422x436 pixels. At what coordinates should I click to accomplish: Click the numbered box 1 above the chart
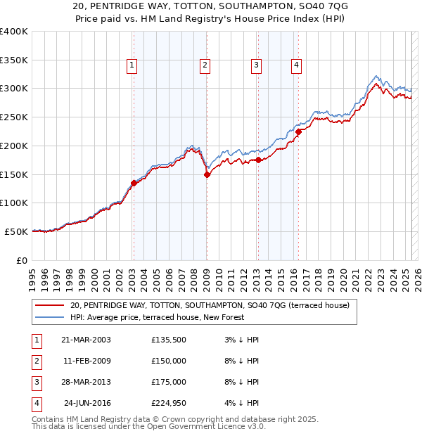coord(132,65)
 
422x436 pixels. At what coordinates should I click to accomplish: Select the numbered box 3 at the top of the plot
coord(256,65)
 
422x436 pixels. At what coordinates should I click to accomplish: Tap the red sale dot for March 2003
coord(134,183)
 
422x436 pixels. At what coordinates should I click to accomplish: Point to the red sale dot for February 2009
coord(207,175)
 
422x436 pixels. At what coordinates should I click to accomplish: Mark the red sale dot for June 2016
coord(298,132)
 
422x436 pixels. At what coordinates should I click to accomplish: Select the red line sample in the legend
coord(50,306)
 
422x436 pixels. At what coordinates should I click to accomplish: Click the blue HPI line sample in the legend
coord(50,317)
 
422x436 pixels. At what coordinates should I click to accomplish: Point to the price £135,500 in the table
coord(169,340)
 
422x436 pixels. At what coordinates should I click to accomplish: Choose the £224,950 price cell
coord(169,403)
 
